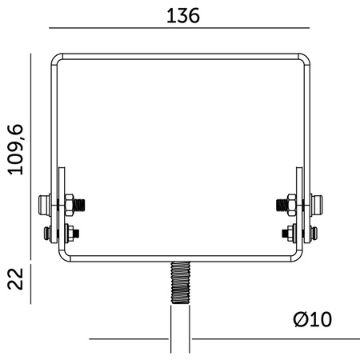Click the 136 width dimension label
coord(182,15)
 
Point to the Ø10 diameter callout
coord(312,319)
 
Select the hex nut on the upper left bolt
coord(70,204)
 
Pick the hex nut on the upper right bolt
coord(291,204)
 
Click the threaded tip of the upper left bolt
coord(83,204)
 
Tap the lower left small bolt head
coord(46,234)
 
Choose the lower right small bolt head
coord(316,234)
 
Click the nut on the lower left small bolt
coord(70,234)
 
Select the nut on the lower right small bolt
coord(291,234)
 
